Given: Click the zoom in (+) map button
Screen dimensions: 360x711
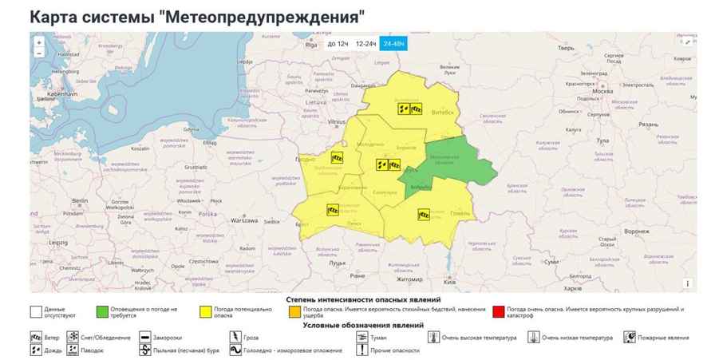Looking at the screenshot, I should tap(39, 42).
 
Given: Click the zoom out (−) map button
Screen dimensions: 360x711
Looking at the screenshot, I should tap(39, 53).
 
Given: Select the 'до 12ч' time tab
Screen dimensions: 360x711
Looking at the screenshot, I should tap(338, 44).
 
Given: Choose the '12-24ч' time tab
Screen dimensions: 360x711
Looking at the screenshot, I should tap(366, 44).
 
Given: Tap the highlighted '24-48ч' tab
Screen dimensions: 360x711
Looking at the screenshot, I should tap(393, 44).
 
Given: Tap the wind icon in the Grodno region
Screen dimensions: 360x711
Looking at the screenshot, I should tap(337, 158).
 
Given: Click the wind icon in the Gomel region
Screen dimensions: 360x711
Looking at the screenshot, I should tap(424, 214).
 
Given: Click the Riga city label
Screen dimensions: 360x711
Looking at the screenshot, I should tap(311, 45).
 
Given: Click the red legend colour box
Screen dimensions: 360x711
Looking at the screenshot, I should tap(499, 310).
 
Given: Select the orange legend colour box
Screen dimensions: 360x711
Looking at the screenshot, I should tap(296, 310).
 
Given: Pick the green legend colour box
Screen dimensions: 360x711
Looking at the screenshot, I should tap(101, 310).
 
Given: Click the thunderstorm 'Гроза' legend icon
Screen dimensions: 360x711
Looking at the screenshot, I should tap(235, 338).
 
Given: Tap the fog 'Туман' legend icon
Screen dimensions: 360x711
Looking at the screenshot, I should tap(362, 338).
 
